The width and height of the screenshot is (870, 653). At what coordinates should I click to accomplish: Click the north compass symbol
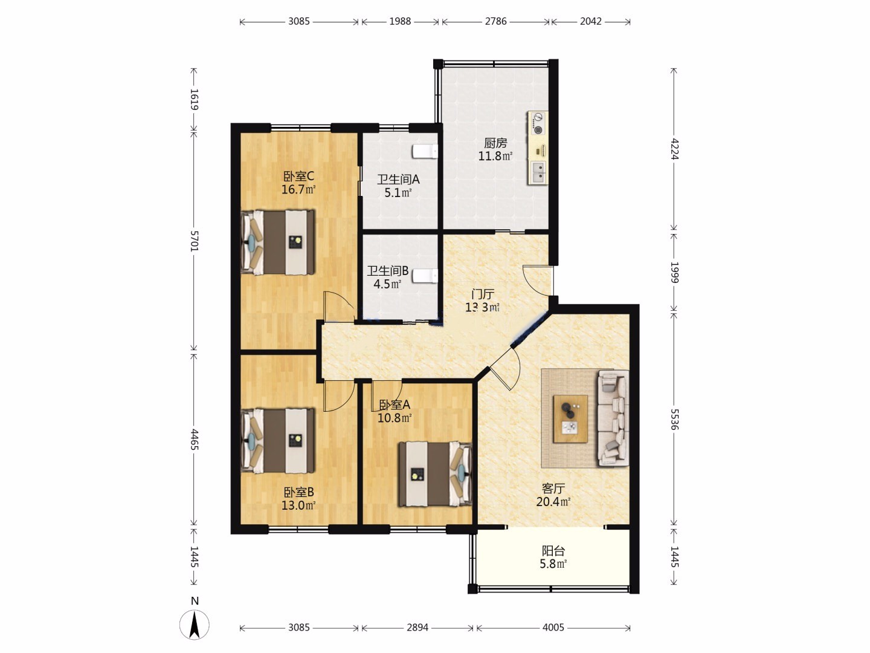click(x=194, y=625)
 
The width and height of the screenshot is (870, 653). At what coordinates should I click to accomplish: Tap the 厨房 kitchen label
click(x=495, y=142)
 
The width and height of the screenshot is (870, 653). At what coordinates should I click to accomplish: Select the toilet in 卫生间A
click(x=425, y=151)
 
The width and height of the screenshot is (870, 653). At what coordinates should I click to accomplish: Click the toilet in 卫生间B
click(x=425, y=276)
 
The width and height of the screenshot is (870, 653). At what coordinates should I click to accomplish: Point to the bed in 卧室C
click(x=279, y=242)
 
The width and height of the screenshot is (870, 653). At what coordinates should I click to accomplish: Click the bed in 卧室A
click(x=435, y=474)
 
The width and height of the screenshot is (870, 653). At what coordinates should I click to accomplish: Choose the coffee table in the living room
click(x=571, y=418)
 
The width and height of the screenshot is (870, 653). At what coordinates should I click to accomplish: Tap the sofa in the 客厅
click(x=613, y=418)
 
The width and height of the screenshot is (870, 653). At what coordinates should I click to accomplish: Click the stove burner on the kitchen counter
click(x=538, y=124)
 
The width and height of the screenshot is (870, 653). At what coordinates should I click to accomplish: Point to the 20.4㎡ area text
click(x=553, y=502)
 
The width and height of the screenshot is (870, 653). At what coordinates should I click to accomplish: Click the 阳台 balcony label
click(x=553, y=550)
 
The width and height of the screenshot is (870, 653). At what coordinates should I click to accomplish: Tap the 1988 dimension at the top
click(x=400, y=21)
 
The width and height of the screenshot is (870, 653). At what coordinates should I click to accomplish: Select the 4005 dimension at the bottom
click(x=553, y=627)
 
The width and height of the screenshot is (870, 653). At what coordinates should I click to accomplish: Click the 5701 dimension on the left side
click(x=194, y=241)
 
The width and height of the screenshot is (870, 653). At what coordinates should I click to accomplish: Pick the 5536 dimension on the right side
click(x=674, y=418)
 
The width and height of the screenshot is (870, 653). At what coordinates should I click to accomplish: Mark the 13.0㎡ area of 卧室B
click(x=298, y=505)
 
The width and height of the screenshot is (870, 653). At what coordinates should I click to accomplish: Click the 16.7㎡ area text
click(x=298, y=189)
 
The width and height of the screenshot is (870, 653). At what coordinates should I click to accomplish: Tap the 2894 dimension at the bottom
click(x=417, y=627)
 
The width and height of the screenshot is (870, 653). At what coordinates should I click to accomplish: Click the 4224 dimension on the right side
click(x=674, y=149)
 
